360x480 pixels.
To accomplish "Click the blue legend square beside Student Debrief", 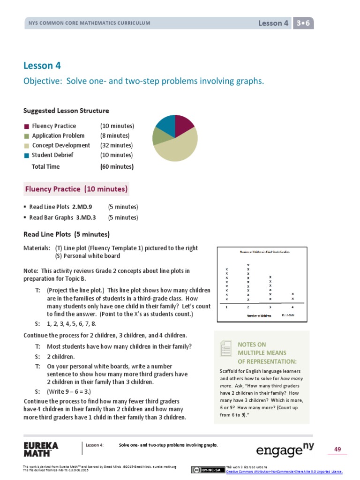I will (x=27, y=155).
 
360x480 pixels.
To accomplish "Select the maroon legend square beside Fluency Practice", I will (x=27, y=126).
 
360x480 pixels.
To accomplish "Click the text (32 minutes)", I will (x=116, y=145).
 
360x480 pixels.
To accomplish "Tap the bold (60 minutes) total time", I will (x=117, y=166).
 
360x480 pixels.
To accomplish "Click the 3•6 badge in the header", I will (x=303, y=23).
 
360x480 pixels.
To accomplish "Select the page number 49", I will (x=337, y=450).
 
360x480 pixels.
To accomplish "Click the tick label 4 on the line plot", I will (x=292, y=307).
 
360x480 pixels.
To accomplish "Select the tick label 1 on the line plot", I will (x=227, y=307).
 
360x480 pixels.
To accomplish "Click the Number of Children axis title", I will (x=259, y=315).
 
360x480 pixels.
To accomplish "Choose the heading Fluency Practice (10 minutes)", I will (x=76, y=189).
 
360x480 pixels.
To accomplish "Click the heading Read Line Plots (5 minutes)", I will (x=67, y=234).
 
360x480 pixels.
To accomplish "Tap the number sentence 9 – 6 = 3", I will (x=68, y=391).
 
